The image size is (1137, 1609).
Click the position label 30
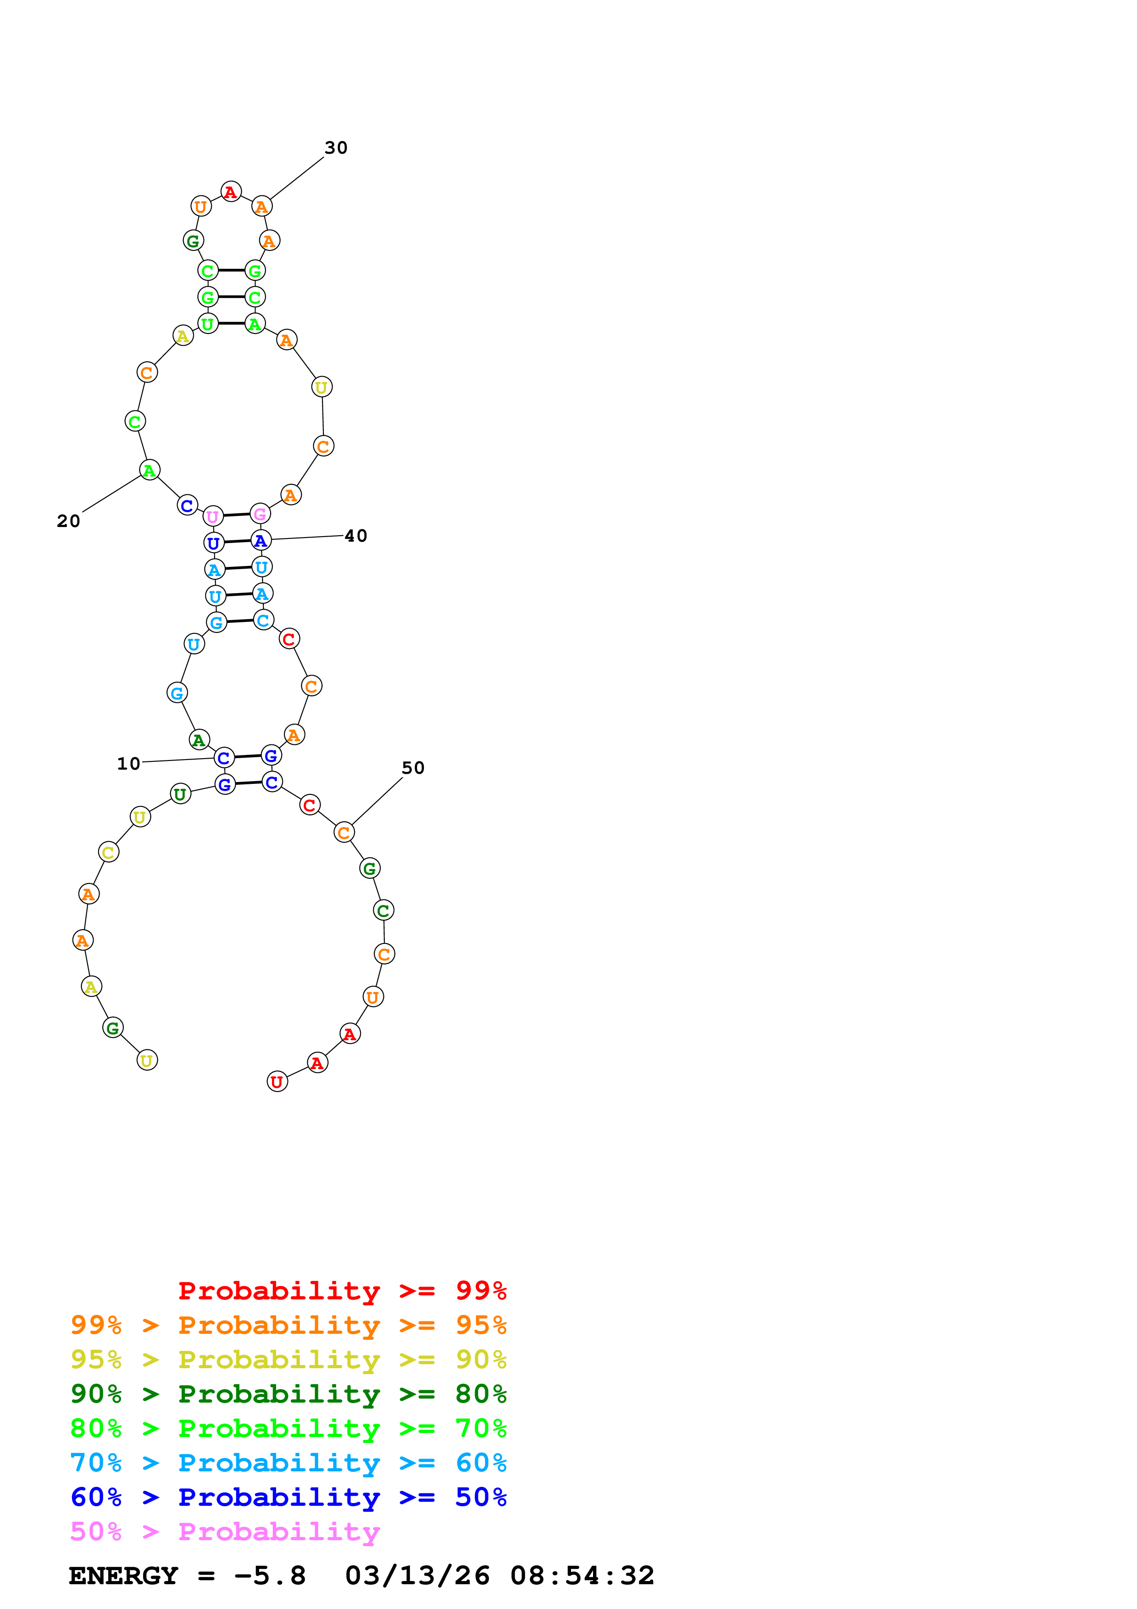(336, 148)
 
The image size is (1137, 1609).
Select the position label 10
(128, 763)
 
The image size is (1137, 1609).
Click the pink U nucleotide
(213, 516)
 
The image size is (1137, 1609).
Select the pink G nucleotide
(260, 514)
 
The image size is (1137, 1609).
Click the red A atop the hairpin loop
(231, 191)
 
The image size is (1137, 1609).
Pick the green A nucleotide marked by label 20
(149, 470)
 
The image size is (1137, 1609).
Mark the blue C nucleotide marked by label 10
(223, 758)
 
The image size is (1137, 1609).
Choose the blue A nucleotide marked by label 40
(261, 540)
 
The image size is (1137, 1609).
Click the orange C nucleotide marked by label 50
(343, 832)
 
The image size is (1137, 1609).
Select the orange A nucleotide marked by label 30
(261, 207)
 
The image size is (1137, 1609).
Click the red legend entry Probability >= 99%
(342, 1290)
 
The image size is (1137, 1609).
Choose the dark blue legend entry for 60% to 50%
(288, 1497)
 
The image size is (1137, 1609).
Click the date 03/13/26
(417, 1576)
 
